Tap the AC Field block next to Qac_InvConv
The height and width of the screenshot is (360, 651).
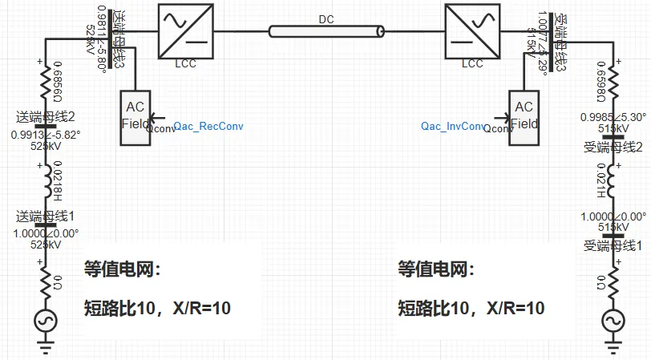click(524, 117)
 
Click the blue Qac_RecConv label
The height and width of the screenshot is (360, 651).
click(208, 126)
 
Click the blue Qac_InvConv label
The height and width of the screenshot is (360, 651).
click(453, 126)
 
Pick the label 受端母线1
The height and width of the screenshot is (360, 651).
click(613, 245)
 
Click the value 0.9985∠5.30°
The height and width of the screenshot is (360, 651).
click(613, 116)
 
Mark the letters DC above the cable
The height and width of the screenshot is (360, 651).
click(325, 17)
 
